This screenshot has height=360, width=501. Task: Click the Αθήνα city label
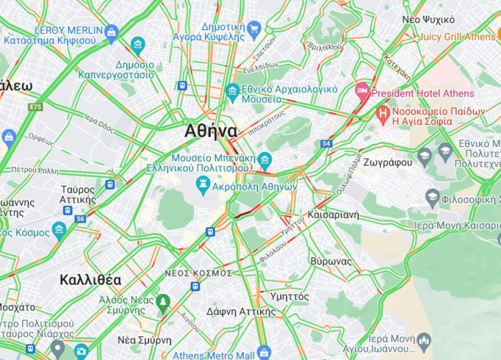(x=211, y=131)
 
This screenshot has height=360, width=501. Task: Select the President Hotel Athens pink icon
(x=362, y=91)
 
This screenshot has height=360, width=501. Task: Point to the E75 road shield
(x=35, y=107)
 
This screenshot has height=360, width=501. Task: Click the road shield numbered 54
(x=326, y=144)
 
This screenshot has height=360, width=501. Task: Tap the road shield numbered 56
(x=80, y=218)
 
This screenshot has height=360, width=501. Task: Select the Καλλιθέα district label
(x=90, y=280)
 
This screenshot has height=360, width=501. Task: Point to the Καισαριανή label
(x=333, y=215)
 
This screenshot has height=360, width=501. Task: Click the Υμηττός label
(x=289, y=297)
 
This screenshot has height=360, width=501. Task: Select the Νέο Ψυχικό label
(x=428, y=19)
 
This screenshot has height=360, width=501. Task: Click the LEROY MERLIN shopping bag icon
(x=112, y=32)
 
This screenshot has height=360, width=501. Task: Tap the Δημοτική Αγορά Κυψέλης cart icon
(x=254, y=28)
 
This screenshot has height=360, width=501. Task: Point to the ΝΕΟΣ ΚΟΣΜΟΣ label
(x=191, y=273)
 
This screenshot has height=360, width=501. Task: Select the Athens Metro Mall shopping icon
(x=263, y=352)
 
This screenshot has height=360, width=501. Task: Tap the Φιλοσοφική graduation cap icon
(x=432, y=198)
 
